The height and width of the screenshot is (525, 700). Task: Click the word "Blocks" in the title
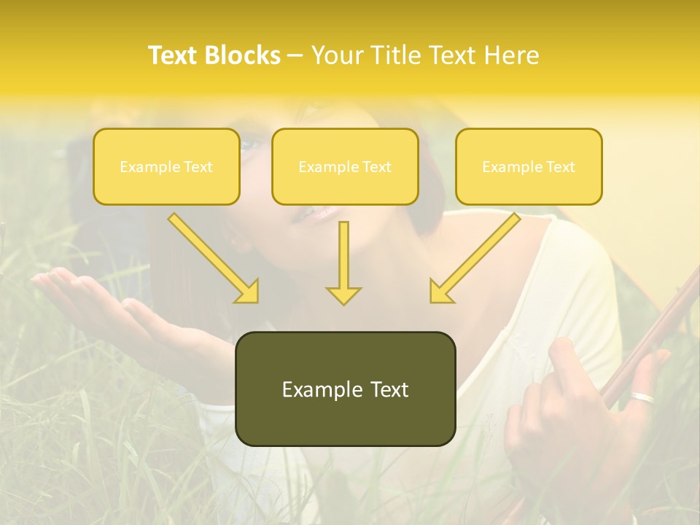tap(242, 55)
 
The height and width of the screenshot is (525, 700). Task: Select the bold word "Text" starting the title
tap(174, 55)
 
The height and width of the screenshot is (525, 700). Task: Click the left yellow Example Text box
tap(166, 166)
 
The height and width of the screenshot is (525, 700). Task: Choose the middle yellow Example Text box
tap(345, 166)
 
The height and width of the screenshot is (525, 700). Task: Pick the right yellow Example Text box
tap(529, 166)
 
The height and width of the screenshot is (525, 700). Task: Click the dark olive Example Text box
tap(345, 389)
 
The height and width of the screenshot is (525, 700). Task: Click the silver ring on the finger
tap(642, 398)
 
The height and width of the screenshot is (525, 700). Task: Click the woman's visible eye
tap(247, 145)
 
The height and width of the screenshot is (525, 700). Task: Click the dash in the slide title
tap(295, 55)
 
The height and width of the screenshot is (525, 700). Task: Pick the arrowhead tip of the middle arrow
tap(343, 302)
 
